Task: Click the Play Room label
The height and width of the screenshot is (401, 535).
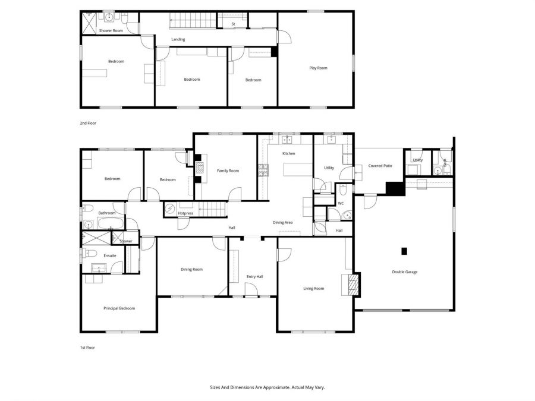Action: pyautogui.click(x=318, y=68)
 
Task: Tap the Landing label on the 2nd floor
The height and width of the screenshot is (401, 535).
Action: pyautogui.click(x=178, y=39)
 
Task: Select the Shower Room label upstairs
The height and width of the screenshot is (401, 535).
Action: pyautogui.click(x=111, y=30)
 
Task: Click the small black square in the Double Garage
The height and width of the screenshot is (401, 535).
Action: pyautogui.click(x=404, y=251)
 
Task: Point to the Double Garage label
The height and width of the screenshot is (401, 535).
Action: pyautogui.click(x=404, y=272)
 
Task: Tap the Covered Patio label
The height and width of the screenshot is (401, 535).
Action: pyautogui.click(x=380, y=166)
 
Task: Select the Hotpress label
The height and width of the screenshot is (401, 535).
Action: pyautogui.click(x=185, y=213)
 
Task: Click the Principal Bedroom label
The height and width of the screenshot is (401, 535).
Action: pyautogui.click(x=119, y=308)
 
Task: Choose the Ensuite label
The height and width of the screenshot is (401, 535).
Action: pyautogui.click(x=110, y=255)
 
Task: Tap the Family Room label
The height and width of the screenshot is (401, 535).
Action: pyautogui.click(x=227, y=170)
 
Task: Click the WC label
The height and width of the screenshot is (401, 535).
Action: pyautogui.click(x=341, y=203)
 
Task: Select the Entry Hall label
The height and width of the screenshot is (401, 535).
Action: pyautogui.click(x=254, y=277)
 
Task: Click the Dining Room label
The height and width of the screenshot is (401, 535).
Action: pyautogui.click(x=191, y=270)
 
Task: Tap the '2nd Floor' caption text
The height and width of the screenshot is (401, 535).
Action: pyautogui.click(x=88, y=123)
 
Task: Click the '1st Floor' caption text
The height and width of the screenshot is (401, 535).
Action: pyautogui.click(x=87, y=348)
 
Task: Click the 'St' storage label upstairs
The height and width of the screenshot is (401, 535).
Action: pyautogui.click(x=234, y=24)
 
